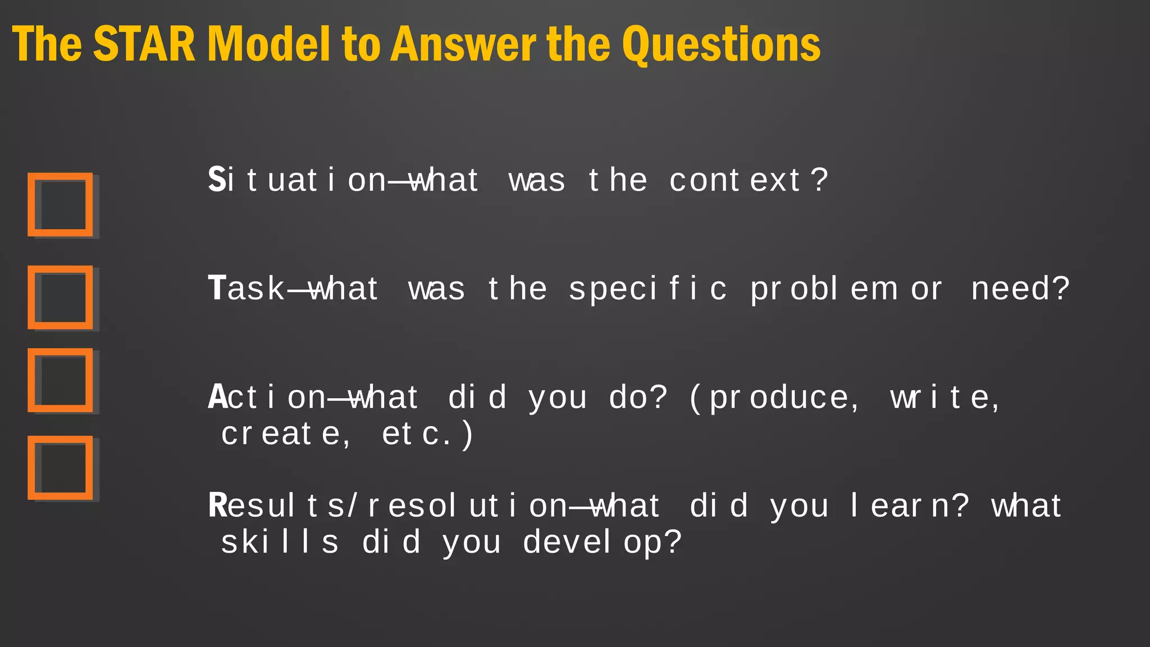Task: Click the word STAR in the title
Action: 144,44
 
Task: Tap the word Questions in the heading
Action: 721,45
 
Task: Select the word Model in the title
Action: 268,44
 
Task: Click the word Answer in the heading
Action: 463,44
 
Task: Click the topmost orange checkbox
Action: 60,204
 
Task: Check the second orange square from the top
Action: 60,297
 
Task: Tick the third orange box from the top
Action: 60,380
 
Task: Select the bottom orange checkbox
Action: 60,468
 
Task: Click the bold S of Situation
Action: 216,180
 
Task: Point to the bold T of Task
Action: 217,288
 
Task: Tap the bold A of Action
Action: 217,397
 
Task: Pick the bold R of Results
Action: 217,505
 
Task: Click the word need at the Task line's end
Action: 1010,289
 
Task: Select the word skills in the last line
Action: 280,542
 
